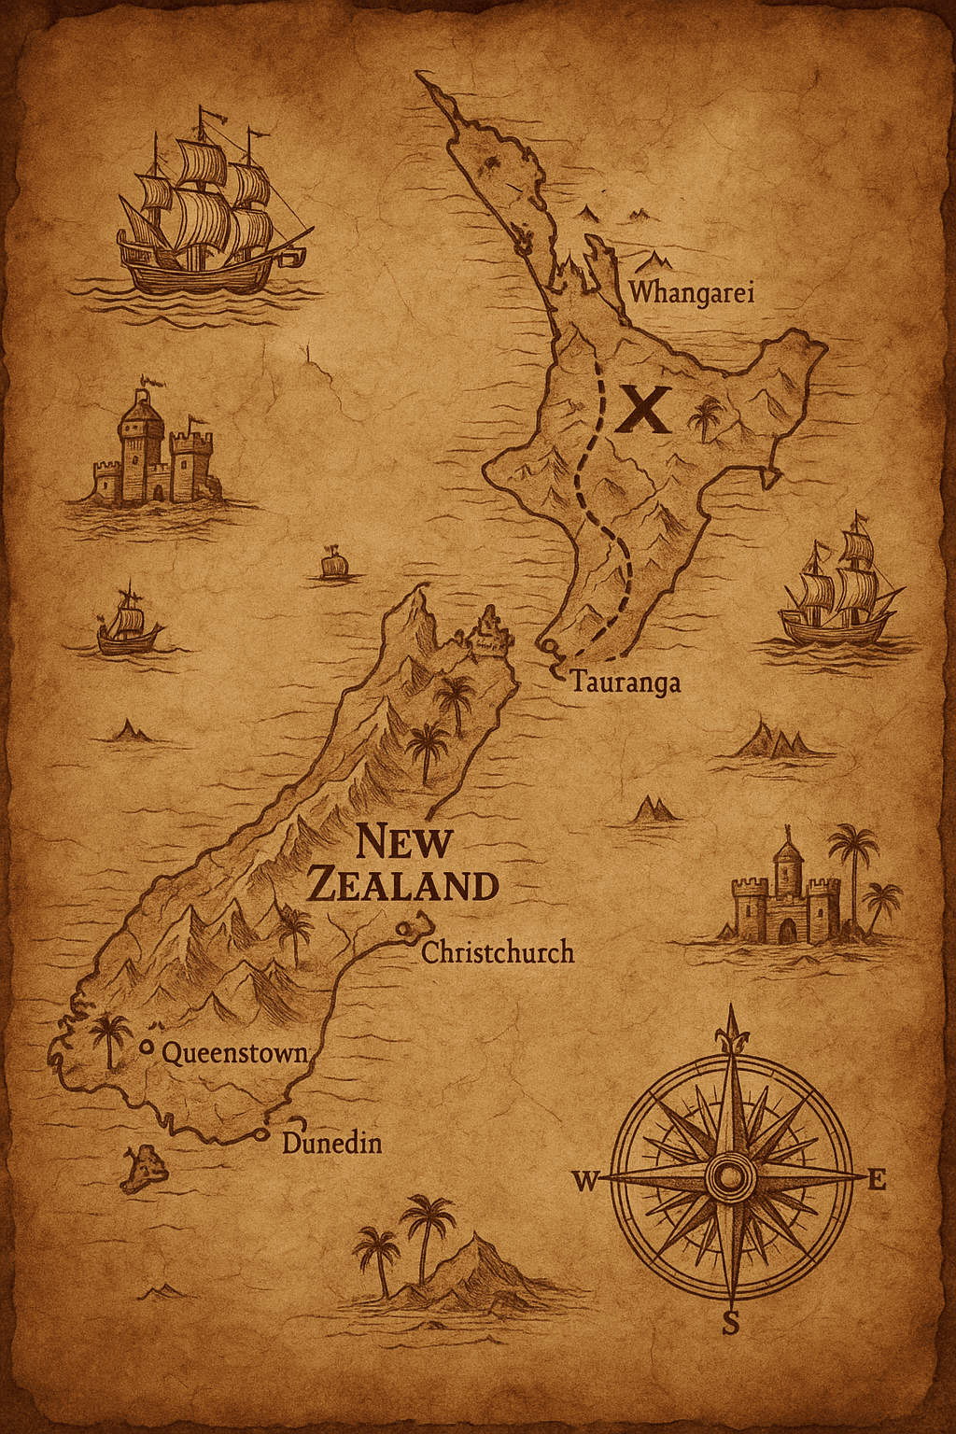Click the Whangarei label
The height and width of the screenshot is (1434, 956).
[x=691, y=292]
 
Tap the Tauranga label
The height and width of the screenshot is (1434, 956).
[x=626, y=682]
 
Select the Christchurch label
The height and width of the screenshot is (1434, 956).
[x=498, y=952]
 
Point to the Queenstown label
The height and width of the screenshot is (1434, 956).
[x=234, y=1053]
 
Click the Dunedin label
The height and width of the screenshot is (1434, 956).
[x=331, y=1143]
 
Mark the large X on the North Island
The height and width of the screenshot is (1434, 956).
[x=644, y=409]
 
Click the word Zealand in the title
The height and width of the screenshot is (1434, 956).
[x=402, y=885]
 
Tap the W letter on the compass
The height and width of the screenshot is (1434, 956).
[x=585, y=1182]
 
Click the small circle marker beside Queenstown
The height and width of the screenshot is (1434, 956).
[x=146, y=1047]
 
